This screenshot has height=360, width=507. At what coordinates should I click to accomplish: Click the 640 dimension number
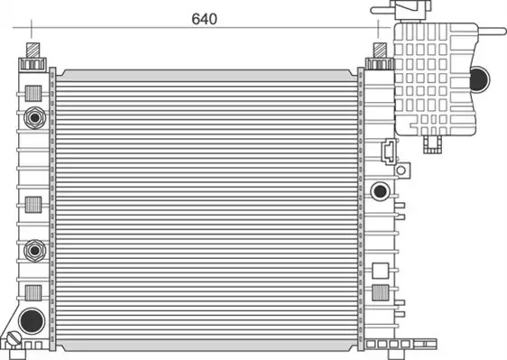(205, 19)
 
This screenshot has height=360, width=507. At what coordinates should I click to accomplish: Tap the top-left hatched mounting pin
(32, 51)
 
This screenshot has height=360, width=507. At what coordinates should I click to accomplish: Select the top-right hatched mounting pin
(380, 51)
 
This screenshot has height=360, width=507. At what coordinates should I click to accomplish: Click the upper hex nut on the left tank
(34, 117)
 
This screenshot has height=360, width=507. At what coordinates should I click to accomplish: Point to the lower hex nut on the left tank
(34, 250)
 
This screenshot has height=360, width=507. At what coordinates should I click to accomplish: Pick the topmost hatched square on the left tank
(33, 94)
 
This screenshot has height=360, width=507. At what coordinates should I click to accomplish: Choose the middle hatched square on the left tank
(33, 205)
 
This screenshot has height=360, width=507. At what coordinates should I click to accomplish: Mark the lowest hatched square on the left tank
(33, 293)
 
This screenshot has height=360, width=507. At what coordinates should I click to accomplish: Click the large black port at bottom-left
(32, 321)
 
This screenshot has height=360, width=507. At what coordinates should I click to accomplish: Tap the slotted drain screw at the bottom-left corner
(14, 339)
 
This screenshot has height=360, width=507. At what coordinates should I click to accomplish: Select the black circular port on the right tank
(380, 191)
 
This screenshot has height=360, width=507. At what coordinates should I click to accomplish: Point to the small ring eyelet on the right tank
(401, 171)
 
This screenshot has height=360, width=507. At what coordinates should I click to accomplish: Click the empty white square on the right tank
(381, 271)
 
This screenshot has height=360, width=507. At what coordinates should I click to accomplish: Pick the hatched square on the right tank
(381, 292)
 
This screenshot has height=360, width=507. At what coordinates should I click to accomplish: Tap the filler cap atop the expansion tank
(411, 10)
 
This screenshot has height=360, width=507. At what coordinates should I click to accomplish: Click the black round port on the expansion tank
(479, 79)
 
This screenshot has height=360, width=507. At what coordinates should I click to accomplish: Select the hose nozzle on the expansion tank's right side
(491, 32)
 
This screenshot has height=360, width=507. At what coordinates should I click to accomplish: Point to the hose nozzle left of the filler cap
(383, 10)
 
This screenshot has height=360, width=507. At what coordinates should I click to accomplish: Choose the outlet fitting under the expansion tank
(433, 144)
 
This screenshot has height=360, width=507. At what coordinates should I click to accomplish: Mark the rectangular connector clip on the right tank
(390, 151)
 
